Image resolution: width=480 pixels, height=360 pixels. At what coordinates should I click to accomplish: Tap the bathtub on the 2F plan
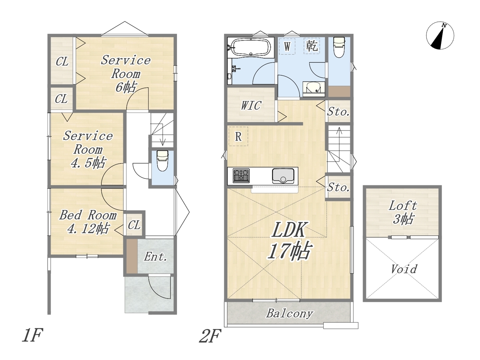[x=250, y=47]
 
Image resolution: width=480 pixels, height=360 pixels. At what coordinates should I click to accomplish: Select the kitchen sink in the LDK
[x=283, y=176]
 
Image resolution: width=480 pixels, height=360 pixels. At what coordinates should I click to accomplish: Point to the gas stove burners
[x=241, y=176]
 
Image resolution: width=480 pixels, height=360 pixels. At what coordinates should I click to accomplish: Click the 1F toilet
[x=162, y=160]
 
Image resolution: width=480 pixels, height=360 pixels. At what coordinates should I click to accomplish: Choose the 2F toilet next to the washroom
[x=339, y=47]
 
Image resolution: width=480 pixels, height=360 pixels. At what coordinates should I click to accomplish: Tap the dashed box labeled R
[x=238, y=136]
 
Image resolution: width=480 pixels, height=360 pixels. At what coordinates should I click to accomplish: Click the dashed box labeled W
[x=287, y=46]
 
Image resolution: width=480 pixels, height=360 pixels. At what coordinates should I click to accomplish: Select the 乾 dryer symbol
[x=312, y=46]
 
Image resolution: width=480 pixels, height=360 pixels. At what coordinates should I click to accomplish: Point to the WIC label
[x=251, y=106]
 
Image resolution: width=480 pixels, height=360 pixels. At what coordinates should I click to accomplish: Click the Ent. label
[x=155, y=256]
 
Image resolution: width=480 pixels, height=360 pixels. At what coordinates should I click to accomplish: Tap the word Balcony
[x=289, y=313]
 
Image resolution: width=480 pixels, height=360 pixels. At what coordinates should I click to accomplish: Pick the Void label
[x=404, y=269]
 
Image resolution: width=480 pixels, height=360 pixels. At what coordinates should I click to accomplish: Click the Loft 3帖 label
[x=403, y=213]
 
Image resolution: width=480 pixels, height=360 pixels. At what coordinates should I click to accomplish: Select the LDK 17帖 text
[x=289, y=241]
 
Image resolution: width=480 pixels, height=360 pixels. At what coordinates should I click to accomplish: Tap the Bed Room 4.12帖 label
[x=88, y=222]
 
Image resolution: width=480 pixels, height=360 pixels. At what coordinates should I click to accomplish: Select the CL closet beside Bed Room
[x=134, y=225]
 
